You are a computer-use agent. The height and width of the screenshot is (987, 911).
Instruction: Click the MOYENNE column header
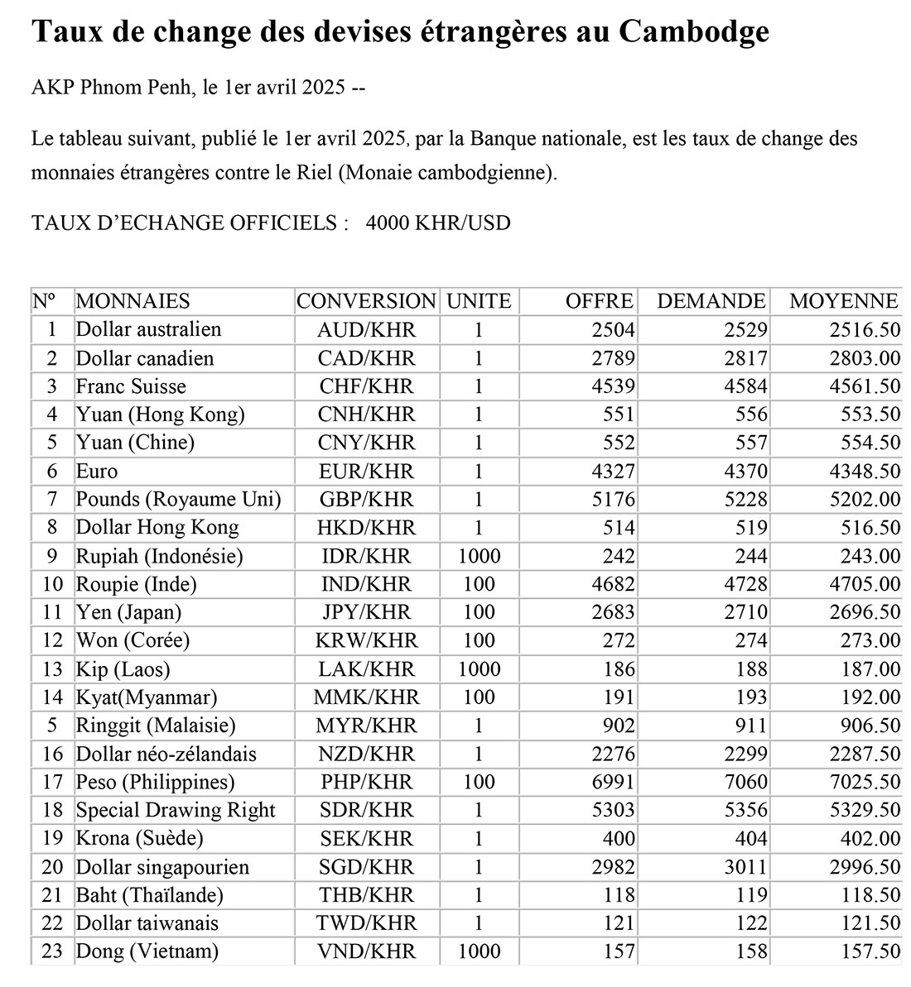843,301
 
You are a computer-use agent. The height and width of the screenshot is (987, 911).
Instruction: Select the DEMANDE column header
711,301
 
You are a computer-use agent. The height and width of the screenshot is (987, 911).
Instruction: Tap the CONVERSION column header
366,301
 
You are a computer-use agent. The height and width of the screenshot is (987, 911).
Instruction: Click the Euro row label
97,472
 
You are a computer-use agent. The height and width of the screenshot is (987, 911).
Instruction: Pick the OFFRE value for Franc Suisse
614,386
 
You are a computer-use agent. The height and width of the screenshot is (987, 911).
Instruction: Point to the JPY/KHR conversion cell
366,613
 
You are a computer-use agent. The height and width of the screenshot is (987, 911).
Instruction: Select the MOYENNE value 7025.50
865,783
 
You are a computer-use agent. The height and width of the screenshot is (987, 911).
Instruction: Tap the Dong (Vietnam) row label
147,952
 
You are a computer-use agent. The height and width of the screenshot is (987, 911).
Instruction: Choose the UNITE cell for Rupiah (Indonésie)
479,556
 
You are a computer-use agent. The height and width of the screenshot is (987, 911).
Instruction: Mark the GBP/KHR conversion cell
366,500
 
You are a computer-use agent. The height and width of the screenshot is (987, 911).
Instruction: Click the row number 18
52,811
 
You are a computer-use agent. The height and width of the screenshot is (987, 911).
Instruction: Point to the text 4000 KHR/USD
438,223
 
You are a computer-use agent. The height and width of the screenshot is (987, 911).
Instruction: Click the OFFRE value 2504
614,330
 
